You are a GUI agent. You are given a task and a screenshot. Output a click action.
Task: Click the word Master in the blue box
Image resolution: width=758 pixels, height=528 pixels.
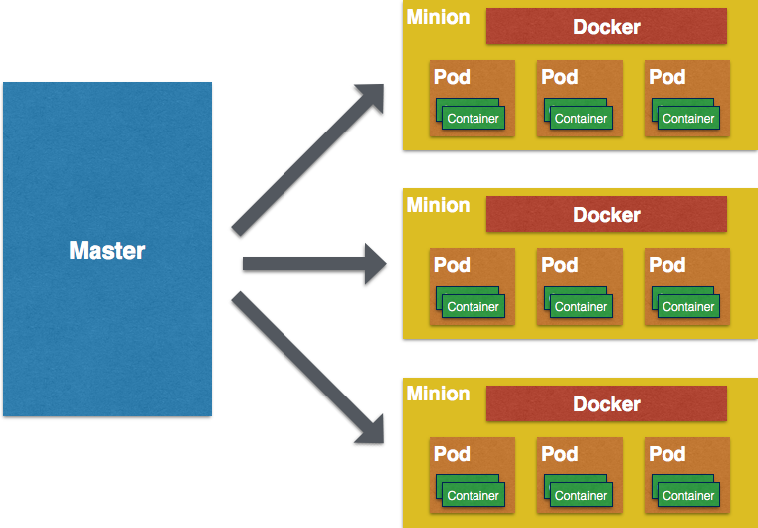pyautogui.click(x=107, y=251)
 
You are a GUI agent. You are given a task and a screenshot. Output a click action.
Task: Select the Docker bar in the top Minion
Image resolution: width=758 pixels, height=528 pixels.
pyautogui.click(x=606, y=27)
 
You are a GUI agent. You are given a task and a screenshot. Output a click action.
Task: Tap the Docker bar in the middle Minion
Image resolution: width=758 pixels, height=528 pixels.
pyautogui.click(x=606, y=215)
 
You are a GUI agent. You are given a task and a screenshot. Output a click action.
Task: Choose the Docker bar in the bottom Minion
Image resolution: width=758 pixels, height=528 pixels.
pyautogui.click(x=606, y=404)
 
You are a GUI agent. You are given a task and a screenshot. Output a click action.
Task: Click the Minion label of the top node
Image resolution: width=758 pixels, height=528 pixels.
pyautogui.click(x=438, y=17)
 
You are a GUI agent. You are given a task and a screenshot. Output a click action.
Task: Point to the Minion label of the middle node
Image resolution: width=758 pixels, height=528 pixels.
pyautogui.click(x=438, y=205)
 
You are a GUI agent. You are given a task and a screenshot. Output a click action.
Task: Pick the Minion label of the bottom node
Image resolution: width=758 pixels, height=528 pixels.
pyautogui.click(x=438, y=394)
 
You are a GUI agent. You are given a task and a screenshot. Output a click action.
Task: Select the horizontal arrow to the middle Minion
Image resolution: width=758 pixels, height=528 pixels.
pyautogui.click(x=314, y=264)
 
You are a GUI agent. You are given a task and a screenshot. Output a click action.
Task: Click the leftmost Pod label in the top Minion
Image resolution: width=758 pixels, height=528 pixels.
pyautogui.click(x=452, y=77)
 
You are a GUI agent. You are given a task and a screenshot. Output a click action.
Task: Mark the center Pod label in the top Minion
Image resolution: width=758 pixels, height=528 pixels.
pyautogui.click(x=559, y=77)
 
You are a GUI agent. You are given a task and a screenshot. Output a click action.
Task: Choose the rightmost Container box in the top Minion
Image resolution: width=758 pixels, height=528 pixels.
pyautogui.click(x=687, y=118)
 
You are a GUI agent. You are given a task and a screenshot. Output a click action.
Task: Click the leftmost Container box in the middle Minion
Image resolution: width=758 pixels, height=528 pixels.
pyautogui.click(x=473, y=306)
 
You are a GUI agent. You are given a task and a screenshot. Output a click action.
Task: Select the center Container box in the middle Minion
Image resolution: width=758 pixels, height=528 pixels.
pyautogui.click(x=580, y=306)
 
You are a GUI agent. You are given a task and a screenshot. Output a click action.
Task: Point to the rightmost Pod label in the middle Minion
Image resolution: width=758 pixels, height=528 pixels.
pyautogui.click(x=666, y=265)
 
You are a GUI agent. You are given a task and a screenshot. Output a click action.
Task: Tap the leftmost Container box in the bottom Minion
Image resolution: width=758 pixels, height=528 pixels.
pyautogui.click(x=473, y=495)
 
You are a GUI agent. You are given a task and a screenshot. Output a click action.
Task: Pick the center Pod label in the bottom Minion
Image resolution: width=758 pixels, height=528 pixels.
pyautogui.click(x=559, y=454)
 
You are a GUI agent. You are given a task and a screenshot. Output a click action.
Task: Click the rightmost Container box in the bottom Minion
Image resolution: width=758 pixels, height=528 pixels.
pyautogui.click(x=687, y=495)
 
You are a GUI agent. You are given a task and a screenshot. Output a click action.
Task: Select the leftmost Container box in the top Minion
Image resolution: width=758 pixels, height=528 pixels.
pyautogui.click(x=473, y=118)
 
